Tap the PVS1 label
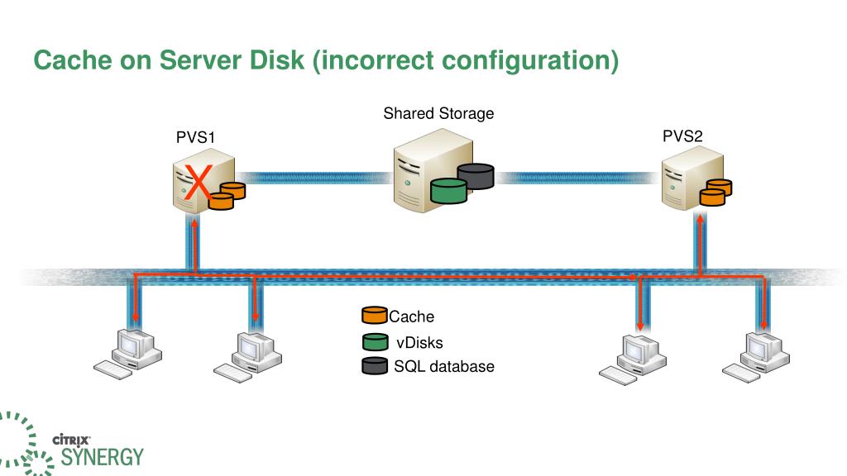pos(195,138)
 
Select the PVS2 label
pos(682,136)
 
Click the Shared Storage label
pos(438,113)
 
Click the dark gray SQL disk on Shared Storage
pos(476,175)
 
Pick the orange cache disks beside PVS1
pos(227,196)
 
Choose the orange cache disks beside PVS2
pos(715,193)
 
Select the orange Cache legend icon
pos(375,316)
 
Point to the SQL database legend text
pos(444,366)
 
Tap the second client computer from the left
pos(245,355)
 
